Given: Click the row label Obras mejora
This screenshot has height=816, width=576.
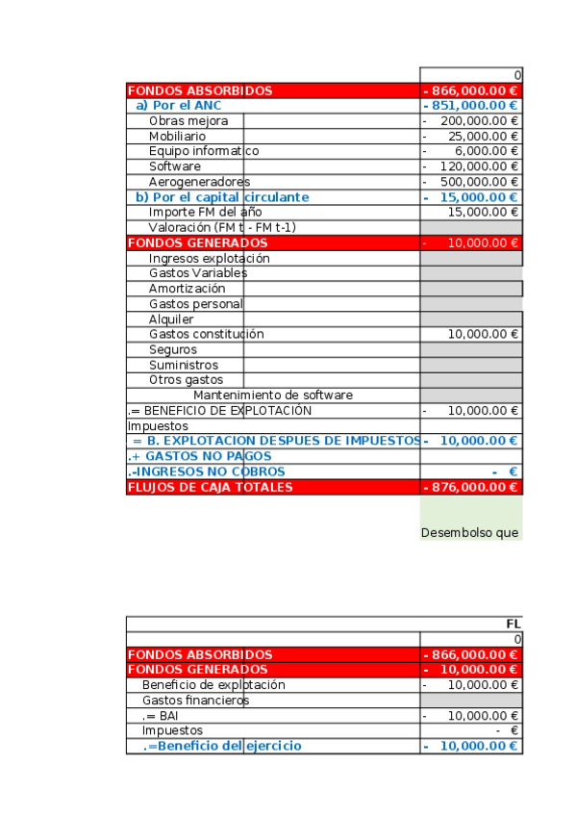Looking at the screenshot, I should tap(188, 121).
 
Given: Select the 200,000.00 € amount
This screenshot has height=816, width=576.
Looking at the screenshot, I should tap(479, 121).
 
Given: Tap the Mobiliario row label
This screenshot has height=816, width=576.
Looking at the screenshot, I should tap(177, 137).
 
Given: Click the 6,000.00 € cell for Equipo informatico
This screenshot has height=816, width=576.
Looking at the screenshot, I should tap(487, 151).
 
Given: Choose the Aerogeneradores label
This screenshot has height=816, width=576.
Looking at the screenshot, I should tap(199, 182).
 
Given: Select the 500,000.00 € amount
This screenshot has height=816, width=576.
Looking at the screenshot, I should tap(479, 182).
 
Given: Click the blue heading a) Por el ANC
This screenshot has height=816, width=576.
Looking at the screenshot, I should tap(179, 106).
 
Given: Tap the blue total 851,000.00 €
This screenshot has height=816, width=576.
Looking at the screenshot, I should tap(475, 106).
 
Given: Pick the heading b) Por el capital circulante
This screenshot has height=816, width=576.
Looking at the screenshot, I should tap(222, 197).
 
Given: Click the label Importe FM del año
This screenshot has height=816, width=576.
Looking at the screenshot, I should tap(205, 212).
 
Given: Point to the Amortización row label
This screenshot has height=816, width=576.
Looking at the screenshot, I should tap(188, 289).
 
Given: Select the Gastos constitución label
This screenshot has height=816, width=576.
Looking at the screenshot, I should tap(206, 334).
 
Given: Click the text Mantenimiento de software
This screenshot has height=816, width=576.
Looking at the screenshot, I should tap(273, 395).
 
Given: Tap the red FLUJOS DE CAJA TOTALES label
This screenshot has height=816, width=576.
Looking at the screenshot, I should tap(210, 487).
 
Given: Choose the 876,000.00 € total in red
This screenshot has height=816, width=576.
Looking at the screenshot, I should tap(475, 487).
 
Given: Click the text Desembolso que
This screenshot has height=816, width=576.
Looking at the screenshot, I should tap(470, 532).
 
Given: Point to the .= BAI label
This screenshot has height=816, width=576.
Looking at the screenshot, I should tap(162, 716).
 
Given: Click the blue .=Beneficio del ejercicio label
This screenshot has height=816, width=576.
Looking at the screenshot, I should tap(222, 746).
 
